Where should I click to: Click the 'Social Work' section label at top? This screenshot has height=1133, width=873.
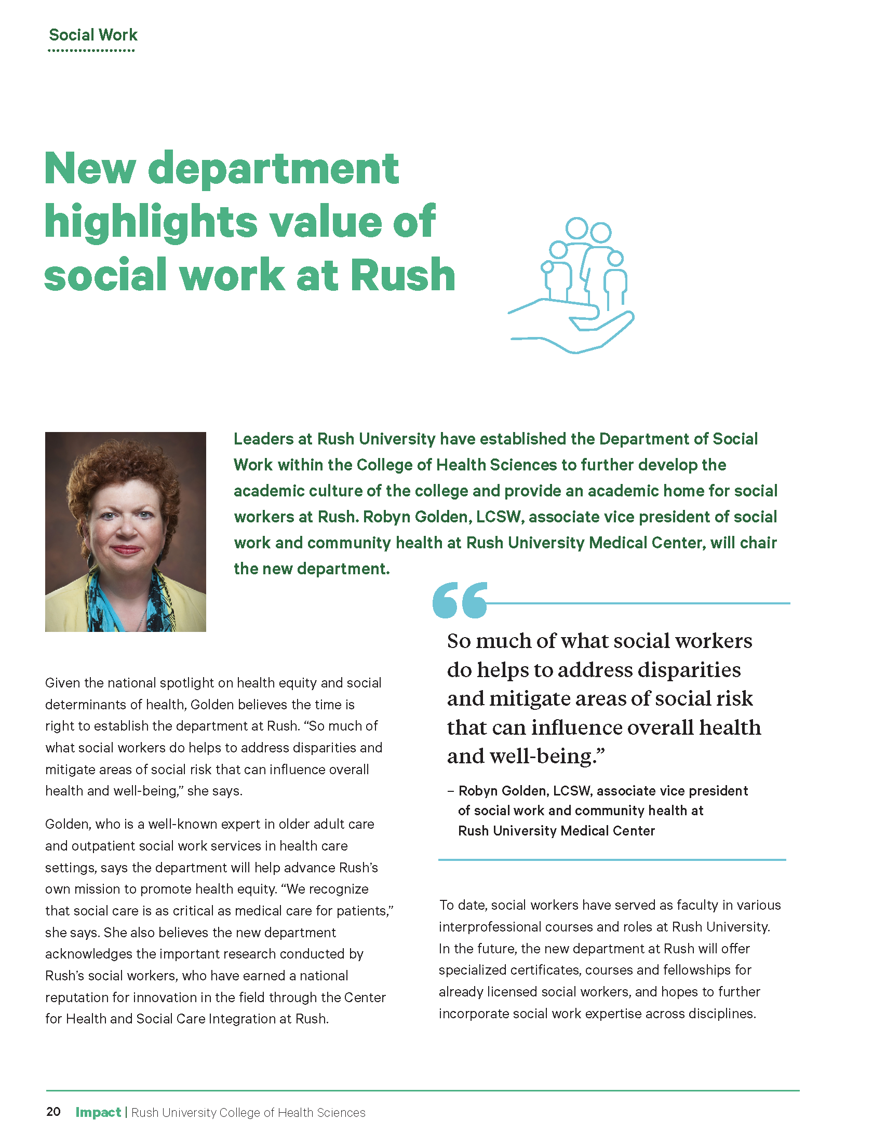(93, 35)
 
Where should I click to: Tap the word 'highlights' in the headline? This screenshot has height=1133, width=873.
(151, 222)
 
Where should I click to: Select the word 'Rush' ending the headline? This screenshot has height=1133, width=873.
(402, 275)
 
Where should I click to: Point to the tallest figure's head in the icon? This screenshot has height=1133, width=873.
(576, 228)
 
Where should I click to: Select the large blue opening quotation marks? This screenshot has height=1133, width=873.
(460, 600)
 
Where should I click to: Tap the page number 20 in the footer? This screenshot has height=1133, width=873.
(53, 1112)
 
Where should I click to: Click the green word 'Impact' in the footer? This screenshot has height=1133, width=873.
(98, 1112)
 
